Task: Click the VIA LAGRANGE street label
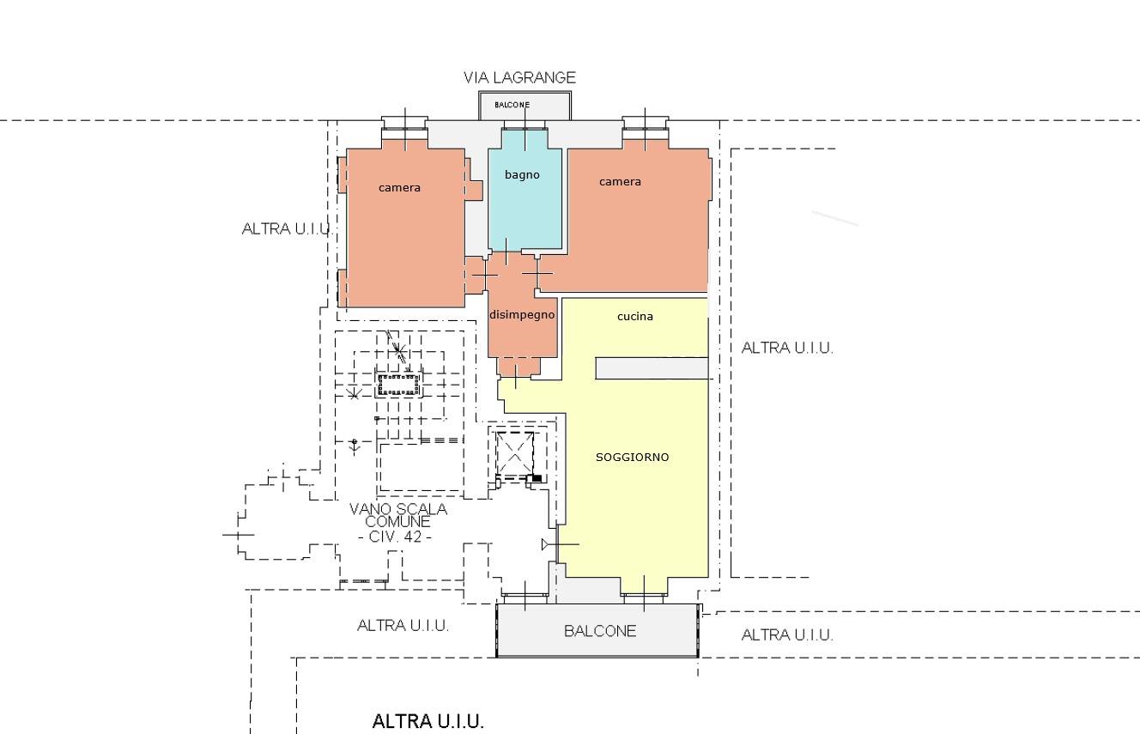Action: tap(519, 77)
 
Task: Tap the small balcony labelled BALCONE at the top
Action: tap(525, 106)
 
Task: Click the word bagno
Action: tap(522, 174)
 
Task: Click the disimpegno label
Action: tap(522, 314)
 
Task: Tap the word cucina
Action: tap(634, 316)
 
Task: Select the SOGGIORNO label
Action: tap(632, 457)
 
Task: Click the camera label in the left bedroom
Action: tap(399, 188)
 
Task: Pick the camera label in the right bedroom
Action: tap(620, 182)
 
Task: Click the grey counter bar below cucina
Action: tap(652, 368)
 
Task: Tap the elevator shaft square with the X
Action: tap(515, 452)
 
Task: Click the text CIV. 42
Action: tap(395, 537)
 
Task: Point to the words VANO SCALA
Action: tap(398, 509)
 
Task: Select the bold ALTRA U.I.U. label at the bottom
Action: tap(428, 721)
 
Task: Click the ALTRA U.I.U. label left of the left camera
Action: tap(287, 229)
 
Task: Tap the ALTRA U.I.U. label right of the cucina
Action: tap(787, 349)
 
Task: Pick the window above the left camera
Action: tap(404, 123)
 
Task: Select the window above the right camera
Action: tap(646, 123)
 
